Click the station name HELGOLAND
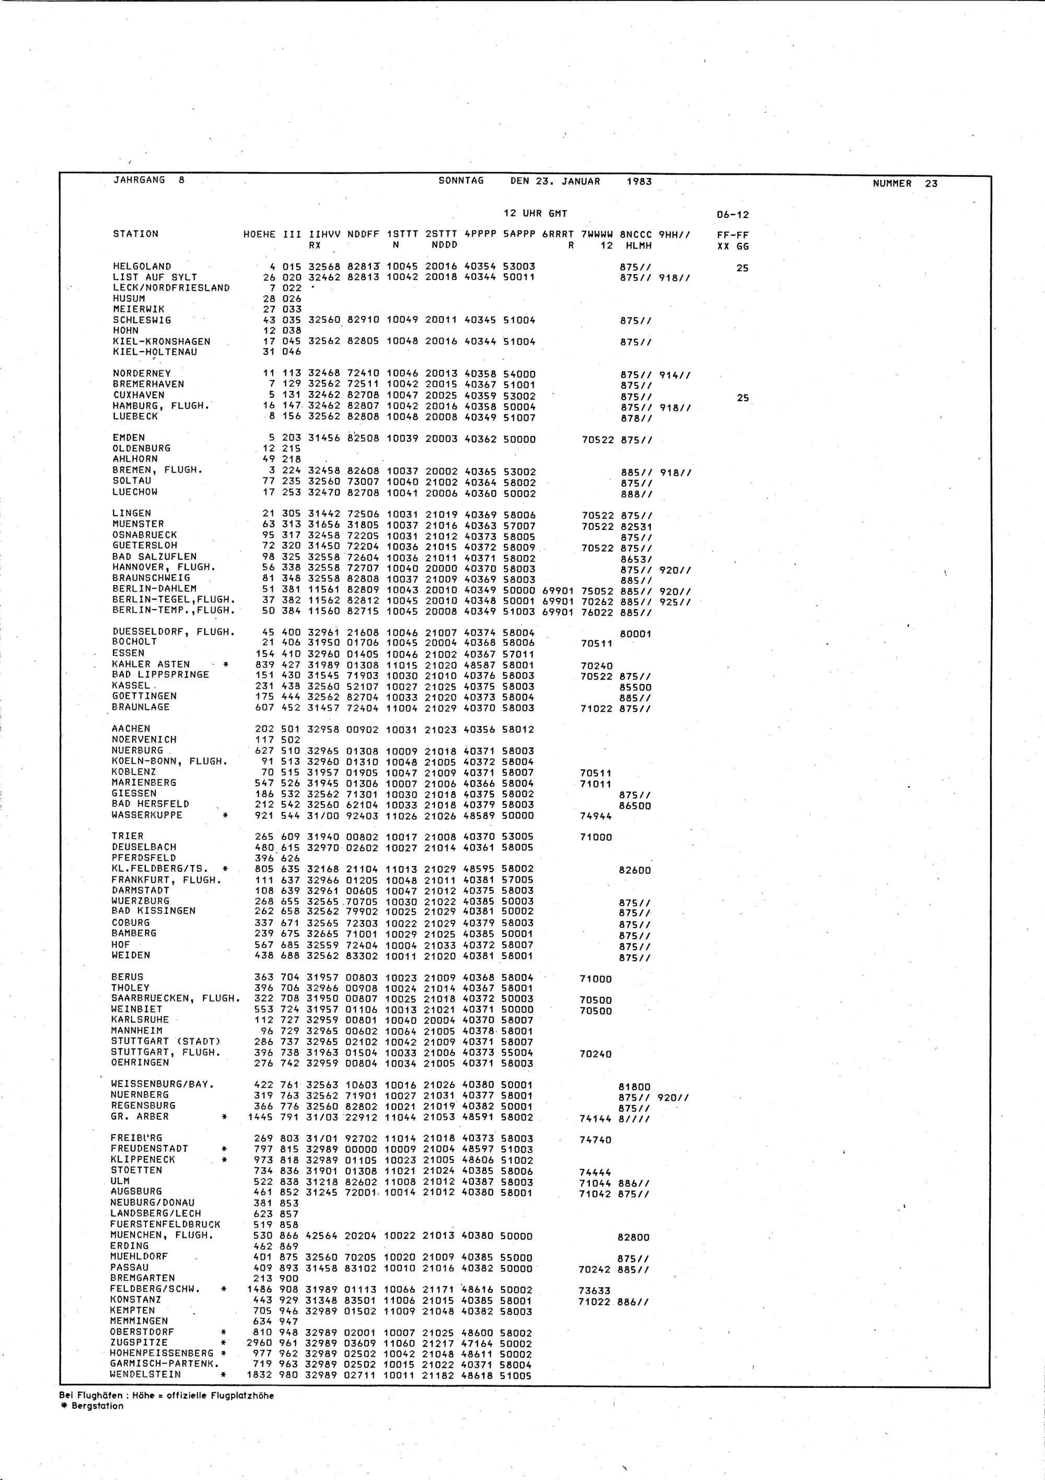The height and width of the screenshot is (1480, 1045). click(142, 266)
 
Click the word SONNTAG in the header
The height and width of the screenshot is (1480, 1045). click(461, 181)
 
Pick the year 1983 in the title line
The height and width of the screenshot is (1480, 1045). click(639, 182)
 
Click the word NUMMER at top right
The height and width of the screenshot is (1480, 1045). click(892, 184)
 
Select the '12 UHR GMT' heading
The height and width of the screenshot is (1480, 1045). click(535, 213)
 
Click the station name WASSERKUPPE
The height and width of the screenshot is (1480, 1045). click(146, 815)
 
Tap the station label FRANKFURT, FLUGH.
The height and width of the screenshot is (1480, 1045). click(166, 880)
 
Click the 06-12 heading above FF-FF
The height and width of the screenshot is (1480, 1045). click(733, 215)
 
